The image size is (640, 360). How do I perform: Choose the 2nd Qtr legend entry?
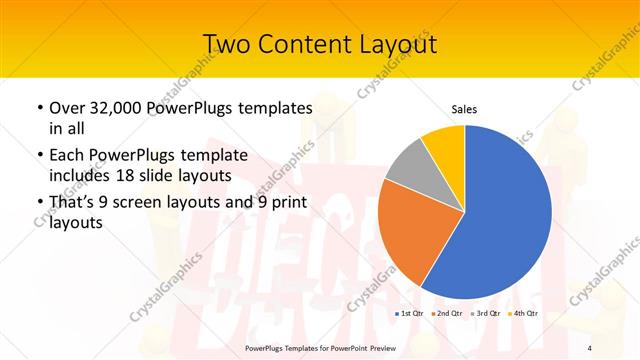[447, 314]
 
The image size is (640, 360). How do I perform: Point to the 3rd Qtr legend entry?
[485, 314]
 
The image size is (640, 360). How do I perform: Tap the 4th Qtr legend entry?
[523, 314]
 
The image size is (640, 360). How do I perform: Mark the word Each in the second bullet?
[68, 155]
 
